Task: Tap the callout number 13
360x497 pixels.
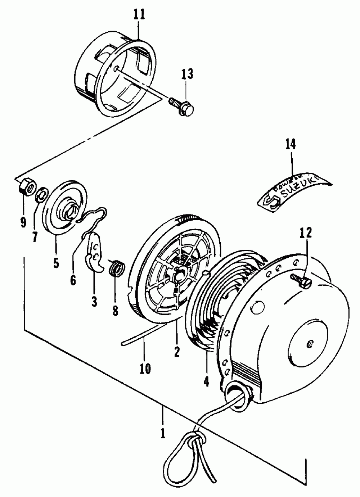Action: [x=187, y=74]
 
